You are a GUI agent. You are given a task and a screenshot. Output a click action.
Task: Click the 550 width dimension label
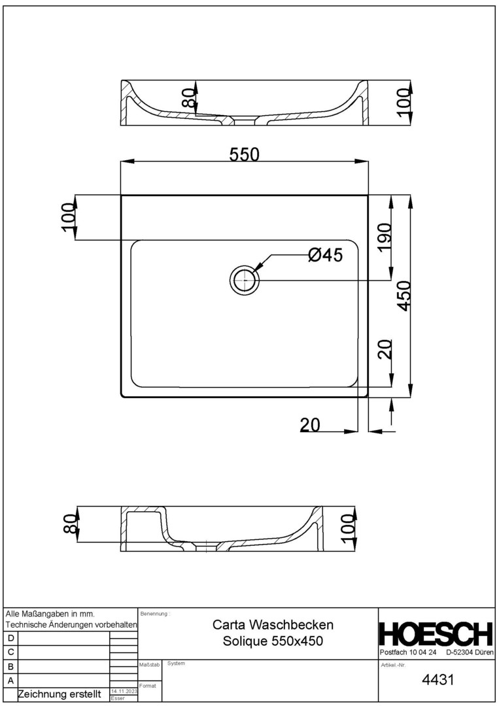point(245,154)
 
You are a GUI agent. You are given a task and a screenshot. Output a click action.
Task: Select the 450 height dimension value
point(404,295)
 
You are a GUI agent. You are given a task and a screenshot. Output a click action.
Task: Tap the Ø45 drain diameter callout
point(325,256)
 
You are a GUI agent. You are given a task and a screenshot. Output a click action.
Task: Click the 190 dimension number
point(383,237)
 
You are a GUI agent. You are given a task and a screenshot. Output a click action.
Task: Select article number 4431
point(438,679)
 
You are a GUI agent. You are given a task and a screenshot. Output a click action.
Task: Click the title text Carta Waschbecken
point(273,625)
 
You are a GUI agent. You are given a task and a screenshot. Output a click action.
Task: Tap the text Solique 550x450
point(273,641)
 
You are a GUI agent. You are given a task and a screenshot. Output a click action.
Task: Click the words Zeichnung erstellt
point(59,694)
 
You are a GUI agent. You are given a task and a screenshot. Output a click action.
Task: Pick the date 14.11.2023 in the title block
point(124,691)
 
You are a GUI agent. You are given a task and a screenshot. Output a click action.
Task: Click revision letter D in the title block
point(11,638)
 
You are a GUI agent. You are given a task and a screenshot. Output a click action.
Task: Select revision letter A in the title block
point(11,681)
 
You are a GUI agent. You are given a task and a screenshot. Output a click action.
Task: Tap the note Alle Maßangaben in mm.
point(50,614)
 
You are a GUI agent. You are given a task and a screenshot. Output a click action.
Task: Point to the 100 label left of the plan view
point(67,218)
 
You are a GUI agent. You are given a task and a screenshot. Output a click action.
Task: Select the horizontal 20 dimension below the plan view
point(310,425)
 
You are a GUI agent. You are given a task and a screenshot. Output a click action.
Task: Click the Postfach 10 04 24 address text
point(408,652)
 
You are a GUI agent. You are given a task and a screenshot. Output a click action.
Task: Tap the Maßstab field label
point(150,665)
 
